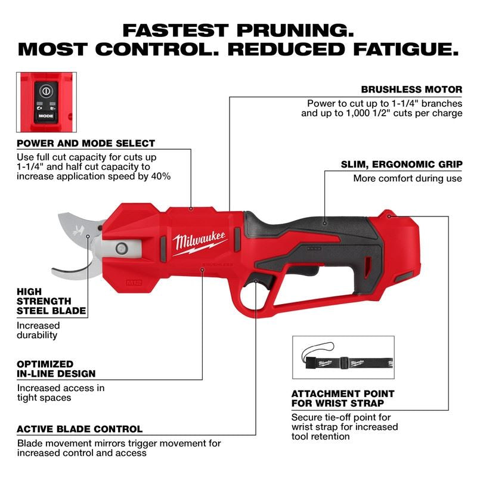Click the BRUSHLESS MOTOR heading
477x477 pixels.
tap(411, 89)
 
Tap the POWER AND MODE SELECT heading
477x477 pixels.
tap(86, 144)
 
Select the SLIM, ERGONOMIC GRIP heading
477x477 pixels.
tap(401, 164)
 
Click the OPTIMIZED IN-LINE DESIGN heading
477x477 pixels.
tap(55, 368)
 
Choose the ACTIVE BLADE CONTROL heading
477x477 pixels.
tap(79, 429)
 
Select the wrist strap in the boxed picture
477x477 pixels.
tap(343, 361)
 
